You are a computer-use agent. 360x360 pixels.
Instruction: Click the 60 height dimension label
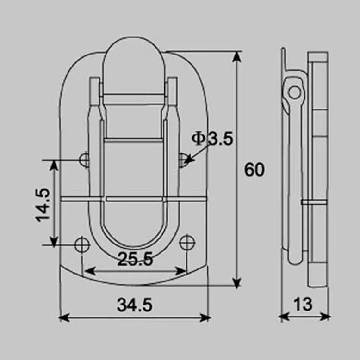point(254,170)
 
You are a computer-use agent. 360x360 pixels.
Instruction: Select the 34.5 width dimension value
point(135,305)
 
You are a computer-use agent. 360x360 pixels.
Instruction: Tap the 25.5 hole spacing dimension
point(135,260)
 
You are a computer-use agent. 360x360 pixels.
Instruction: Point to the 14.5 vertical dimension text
point(43,204)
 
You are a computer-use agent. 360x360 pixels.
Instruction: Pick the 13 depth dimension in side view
point(303,304)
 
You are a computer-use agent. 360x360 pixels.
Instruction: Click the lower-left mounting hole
point(82,244)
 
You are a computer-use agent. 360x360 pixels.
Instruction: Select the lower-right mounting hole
point(187,242)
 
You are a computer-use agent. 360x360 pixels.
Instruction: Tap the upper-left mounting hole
point(85,160)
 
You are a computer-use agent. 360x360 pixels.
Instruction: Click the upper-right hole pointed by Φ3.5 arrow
point(183,160)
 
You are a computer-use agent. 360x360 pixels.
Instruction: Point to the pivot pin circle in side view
point(294,92)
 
